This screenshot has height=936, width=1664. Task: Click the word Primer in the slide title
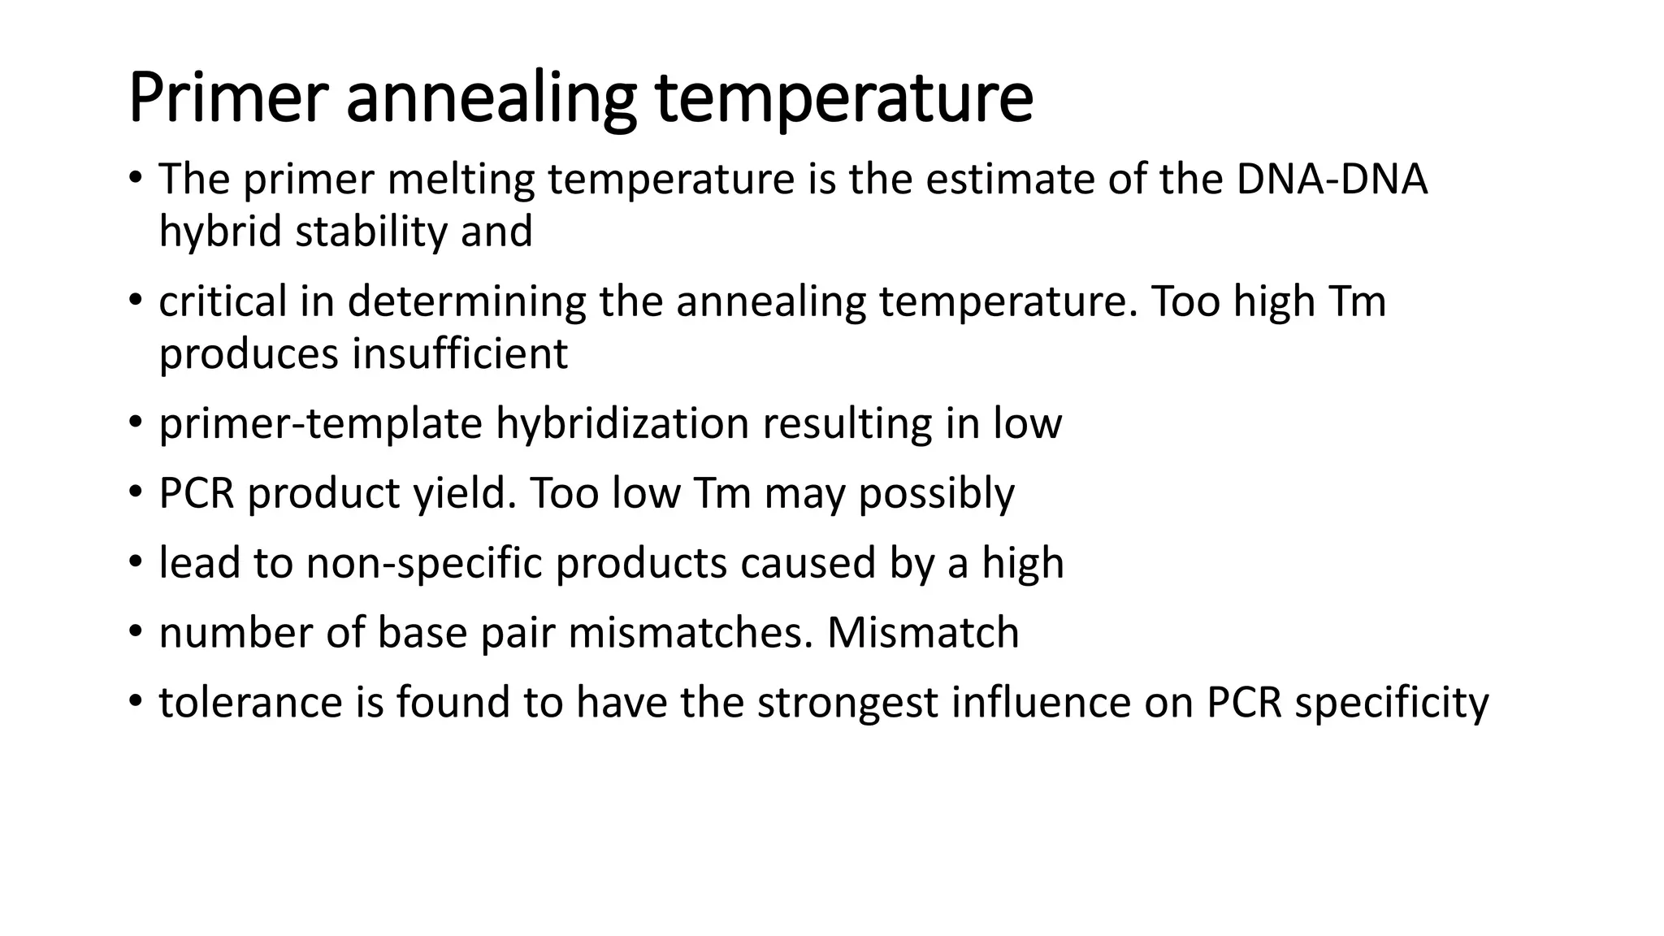coord(227,98)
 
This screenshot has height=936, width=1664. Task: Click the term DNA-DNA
coord(1332,180)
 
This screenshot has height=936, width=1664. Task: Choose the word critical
coord(223,301)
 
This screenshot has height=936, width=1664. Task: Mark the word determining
coord(466,302)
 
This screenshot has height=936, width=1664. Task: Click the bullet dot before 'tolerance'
coord(135,701)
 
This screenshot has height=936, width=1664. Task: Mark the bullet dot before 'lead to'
coord(135,561)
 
